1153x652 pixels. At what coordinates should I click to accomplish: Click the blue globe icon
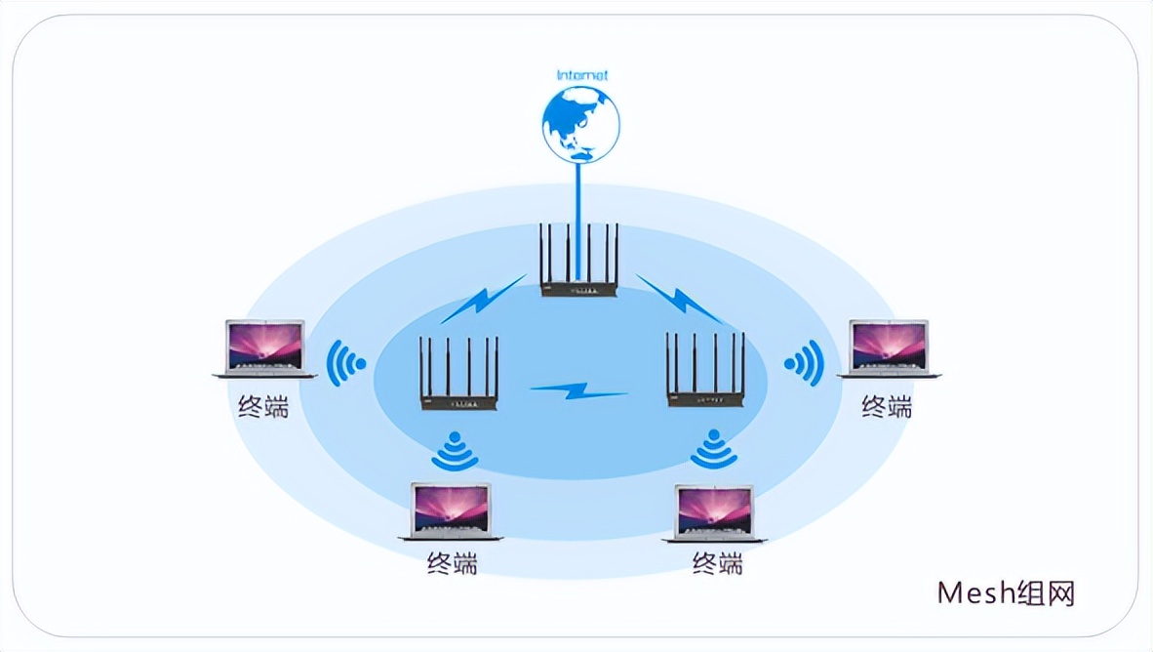pyautogui.click(x=580, y=124)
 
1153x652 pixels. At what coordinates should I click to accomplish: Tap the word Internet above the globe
pyautogui.click(x=581, y=75)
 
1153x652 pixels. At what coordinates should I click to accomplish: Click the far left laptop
pyautogui.click(x=264, y=347)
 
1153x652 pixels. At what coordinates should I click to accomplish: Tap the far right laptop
pyautogui.click(x=889, y=347)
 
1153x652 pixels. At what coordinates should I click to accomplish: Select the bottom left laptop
pyautogui.click(x=451, y=510)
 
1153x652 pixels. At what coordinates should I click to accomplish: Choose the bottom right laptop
pyautogui.click(x=715, y=512)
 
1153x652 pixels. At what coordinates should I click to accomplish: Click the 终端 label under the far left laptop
pyautogui.click(x=263, y=405)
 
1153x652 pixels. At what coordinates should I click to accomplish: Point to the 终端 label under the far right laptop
pyautogui.click(x=887, y=405)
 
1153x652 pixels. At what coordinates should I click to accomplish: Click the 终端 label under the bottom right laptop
pyautogui.click(x=718, y=563)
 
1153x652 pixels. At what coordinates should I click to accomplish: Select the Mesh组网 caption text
pyautogui.click(x=1006, y=592)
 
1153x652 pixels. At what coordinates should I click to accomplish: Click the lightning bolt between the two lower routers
pyautogui.click(x=578, y=390)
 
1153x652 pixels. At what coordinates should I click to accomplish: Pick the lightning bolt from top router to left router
pyautogui.click(x=483, y=300)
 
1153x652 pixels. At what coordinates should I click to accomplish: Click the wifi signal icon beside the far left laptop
pyautogui.click(x=344, y=364)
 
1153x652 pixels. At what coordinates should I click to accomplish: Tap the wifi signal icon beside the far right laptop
pyautogui.click(x=806, y=364)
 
